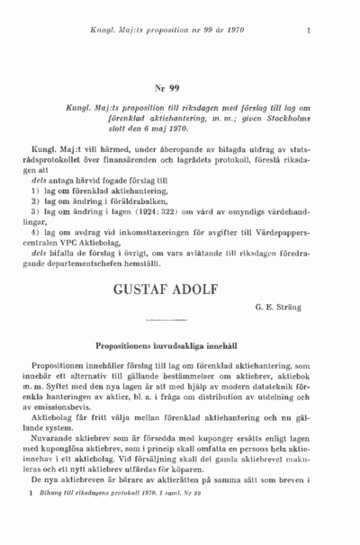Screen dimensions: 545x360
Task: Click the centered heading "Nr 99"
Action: pos(167,88)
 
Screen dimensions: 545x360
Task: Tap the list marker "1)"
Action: pos(36,192)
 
